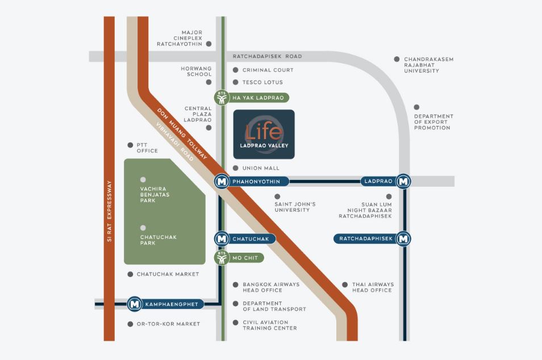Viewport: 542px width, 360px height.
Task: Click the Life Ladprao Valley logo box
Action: [x=264, y=135]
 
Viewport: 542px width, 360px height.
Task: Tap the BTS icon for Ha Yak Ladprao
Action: [x=222, y=98]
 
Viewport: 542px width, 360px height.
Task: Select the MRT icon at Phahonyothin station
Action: [x=222, y=181]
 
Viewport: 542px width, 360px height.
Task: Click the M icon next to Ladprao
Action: [x=403, y=181]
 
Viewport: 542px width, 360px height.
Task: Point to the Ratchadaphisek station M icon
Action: [x=403, y=238]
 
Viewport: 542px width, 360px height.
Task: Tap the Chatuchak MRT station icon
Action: [x=222, y=238]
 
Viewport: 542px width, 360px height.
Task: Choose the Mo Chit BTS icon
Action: [x=222, y=258]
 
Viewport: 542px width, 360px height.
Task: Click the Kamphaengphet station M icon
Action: [x=135, y=304]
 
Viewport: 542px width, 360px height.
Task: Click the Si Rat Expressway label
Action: [x=109, y=211]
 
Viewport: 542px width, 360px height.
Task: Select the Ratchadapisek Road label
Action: [x=267, y=56]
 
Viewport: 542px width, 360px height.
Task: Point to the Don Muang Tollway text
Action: [x=182, y=133]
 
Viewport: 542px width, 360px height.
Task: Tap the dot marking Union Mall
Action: [x=235, y=168]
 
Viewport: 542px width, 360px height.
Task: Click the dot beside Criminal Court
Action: [x=235, y=70]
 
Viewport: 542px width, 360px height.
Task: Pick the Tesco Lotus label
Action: [x=262, y=82]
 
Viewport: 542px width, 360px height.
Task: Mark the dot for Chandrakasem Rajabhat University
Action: [x=397, y=60]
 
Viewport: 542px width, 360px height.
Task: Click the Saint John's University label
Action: [x=295, y=207]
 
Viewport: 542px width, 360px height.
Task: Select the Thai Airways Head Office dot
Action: [x=345, y=284]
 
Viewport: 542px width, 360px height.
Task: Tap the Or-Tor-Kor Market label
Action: [x=168, y=324]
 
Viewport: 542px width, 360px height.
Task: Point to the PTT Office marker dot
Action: [x=130, y=145]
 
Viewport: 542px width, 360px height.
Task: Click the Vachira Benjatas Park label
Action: [x=155, y=195]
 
